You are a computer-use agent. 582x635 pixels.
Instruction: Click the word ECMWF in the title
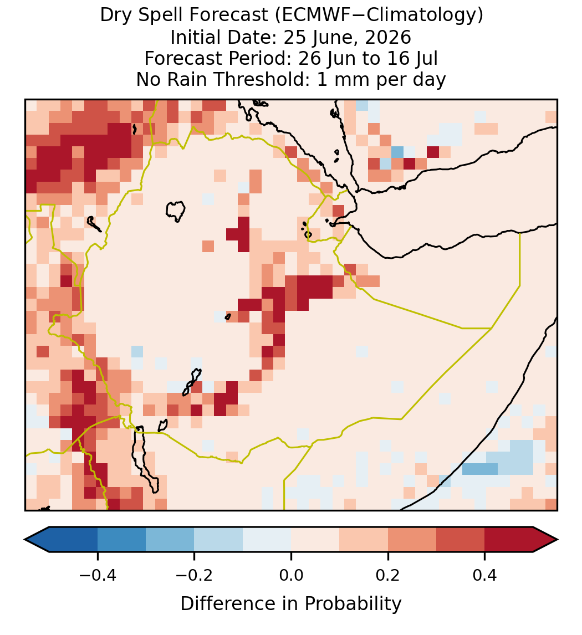tap(309, 16)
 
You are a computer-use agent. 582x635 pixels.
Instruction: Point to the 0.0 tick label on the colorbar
tap(291, 575)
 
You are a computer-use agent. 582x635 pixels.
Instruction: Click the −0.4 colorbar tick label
tap(98, 575)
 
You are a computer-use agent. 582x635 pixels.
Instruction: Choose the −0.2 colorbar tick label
tap(195, 575)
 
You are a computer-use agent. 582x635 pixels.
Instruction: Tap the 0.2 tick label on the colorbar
tap(388, 575)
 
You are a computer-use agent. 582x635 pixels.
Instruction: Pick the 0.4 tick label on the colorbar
tap(485, 575)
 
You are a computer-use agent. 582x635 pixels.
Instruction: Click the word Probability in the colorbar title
tap(353, 604)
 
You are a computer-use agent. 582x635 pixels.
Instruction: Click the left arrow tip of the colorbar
tap(25, 540)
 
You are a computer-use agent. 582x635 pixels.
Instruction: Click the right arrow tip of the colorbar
tap(558, 540)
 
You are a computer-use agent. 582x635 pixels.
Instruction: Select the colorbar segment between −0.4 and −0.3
tap(121, 540)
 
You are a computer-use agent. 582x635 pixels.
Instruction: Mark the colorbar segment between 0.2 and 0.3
tap(412, 540)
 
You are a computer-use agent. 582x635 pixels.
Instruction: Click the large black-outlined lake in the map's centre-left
tap(176, 211)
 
